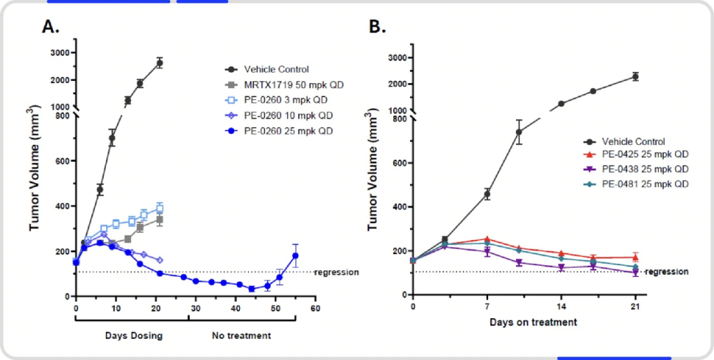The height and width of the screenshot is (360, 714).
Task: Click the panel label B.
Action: coord(377,27)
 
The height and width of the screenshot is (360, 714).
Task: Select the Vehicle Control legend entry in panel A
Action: coord(276,69)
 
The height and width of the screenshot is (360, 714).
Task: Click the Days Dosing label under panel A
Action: coord(133,336)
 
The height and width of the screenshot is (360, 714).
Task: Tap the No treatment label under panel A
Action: coord(241,336)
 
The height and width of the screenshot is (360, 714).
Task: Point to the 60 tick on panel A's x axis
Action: coord(315,308)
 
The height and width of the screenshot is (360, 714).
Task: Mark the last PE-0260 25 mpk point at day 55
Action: coord(295,255)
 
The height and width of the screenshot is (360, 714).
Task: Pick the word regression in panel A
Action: coord(337,272)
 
